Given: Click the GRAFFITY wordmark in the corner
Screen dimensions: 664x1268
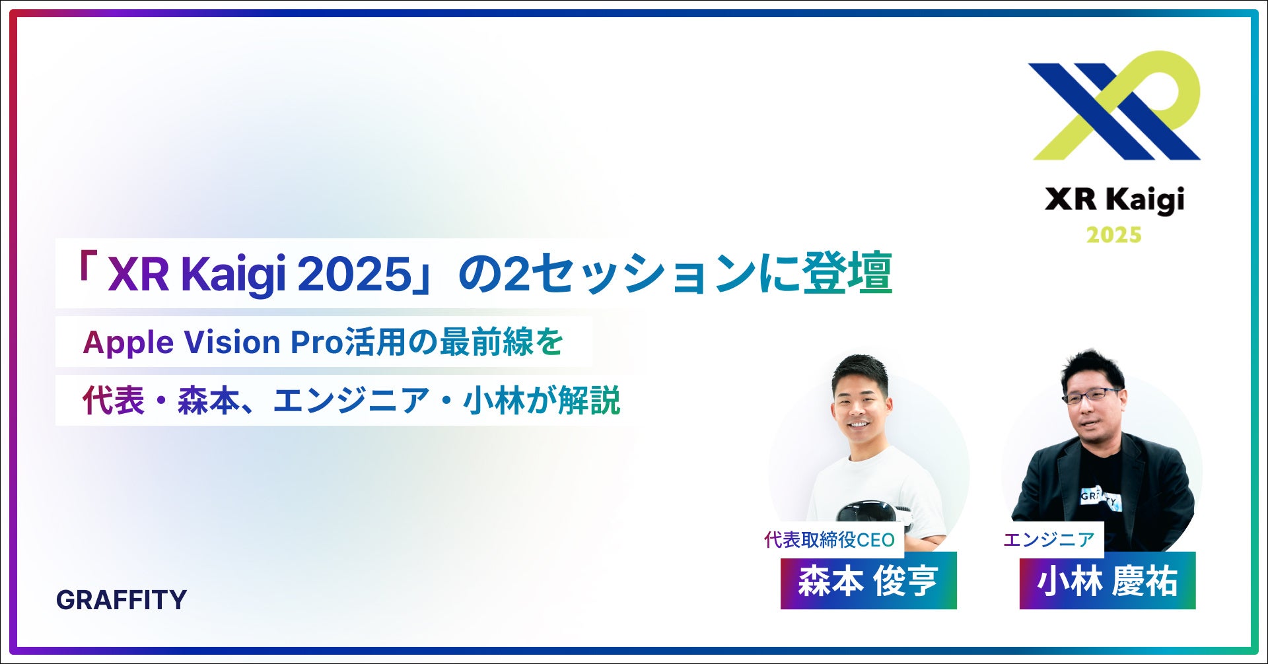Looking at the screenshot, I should click(x=122, y=599).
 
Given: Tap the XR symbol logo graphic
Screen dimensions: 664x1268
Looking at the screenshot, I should click(x=1115, y=106).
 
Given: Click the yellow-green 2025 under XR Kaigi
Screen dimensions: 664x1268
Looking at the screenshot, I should click(x=1114, y=235).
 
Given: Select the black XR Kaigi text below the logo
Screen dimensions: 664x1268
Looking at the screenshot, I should click(x=1114, y=200).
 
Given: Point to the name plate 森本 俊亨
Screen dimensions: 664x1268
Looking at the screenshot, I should click(x=868, y=581).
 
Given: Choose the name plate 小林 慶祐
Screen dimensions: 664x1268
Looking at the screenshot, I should click(x=1107, y=581).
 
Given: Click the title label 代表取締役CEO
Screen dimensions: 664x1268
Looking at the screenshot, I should click(x=829, y=540).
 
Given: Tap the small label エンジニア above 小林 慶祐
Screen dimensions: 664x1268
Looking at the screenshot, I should click(x=1049, y=540).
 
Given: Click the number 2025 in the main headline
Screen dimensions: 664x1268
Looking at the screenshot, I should click(x=355, y=273).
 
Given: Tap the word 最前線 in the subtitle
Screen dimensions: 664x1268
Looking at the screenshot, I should click(x=486, y=342).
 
